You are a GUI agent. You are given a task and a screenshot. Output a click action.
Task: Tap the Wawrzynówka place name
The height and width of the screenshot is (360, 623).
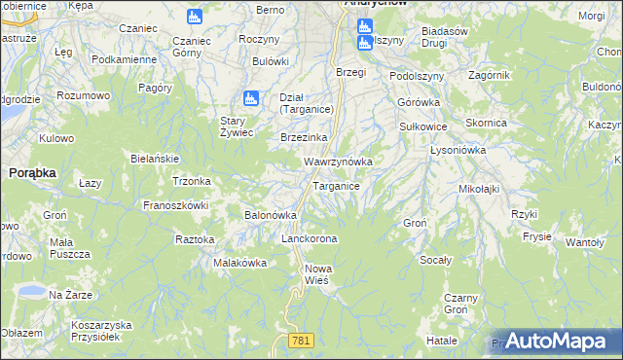point(338,161)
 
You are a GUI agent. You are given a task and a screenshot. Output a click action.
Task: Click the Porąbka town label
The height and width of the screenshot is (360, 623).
point(32,171)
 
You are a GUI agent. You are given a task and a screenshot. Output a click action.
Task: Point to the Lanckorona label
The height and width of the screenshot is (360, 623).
point(309,238)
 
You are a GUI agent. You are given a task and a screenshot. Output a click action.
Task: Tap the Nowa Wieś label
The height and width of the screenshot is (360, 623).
point(319,273)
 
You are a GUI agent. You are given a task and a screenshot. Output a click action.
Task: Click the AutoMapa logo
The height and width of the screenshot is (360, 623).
point(556,341)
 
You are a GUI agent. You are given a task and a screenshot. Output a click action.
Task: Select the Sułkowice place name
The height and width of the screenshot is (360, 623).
point(423,126)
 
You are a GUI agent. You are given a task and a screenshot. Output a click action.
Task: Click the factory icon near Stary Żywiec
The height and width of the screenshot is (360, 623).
point(250,98)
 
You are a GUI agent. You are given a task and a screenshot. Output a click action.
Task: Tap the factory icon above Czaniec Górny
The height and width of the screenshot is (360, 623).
point(194,17)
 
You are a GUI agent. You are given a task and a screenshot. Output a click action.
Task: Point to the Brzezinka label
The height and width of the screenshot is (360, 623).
point(304,137)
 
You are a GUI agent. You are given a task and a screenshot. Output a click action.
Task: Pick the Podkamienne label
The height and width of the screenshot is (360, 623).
point(124,59)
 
